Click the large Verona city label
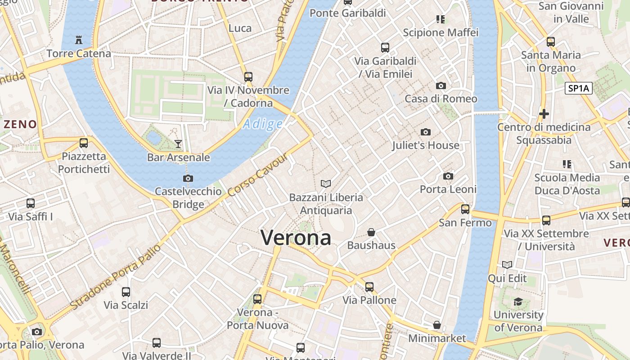[x=296, y=238]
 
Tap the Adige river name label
[x=263, y=124]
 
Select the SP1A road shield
[x=578, y=88]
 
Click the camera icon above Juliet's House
[x=425, y=132]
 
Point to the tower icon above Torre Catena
[x=79, y=40]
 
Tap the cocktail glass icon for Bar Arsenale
[x=178, y=144]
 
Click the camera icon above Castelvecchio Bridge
[x=188, y=178]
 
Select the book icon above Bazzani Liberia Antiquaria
[x=326, y=184]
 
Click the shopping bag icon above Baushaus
[x=371, y=232]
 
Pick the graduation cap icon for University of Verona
[x=518, y=301]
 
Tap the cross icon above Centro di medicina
[x=544, y=114]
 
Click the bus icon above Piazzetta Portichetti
[x=84, y=143]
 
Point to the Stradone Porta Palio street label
[x=115, y=278]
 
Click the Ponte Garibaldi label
[x=348, y=13]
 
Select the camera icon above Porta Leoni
[x=448, y=176]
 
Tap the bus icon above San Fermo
[x=465, y=209]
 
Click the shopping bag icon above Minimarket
[x=436, y=325]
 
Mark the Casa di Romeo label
[x=441, y=99]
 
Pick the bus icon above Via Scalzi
[x=126, y=292]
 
